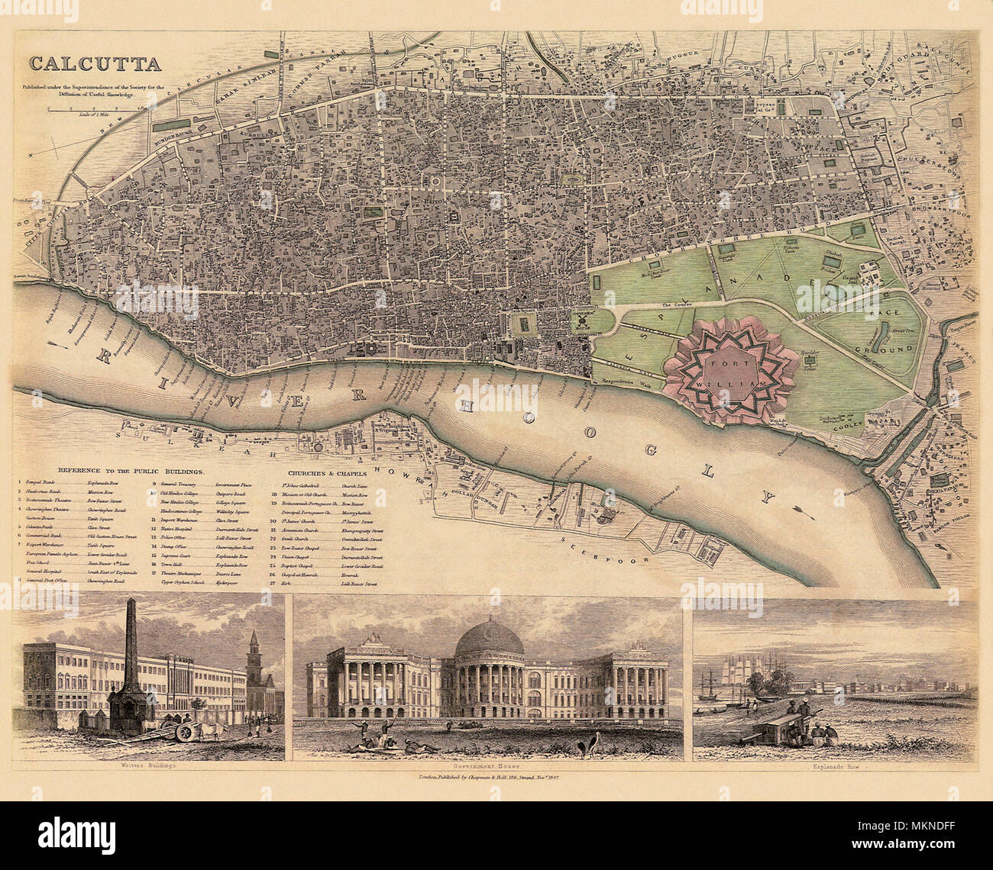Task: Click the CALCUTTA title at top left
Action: pyautogui.click(x=94, y=64)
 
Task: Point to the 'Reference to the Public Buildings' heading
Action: pyautogui.click(x=121, y=471)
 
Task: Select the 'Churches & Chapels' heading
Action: pyautogui.click(x=322, y=471)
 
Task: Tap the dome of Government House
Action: pyautogui.click(x=489, y=639)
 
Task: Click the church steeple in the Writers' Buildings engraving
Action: pyautogui.click(x=254, y=649)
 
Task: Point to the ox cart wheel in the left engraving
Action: pyautogui.click(x=186, y=732)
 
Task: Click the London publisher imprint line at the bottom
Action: pyautogui.click(x=489, y=777)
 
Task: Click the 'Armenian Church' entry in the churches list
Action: pyautogui.click(x=303, y=528)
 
